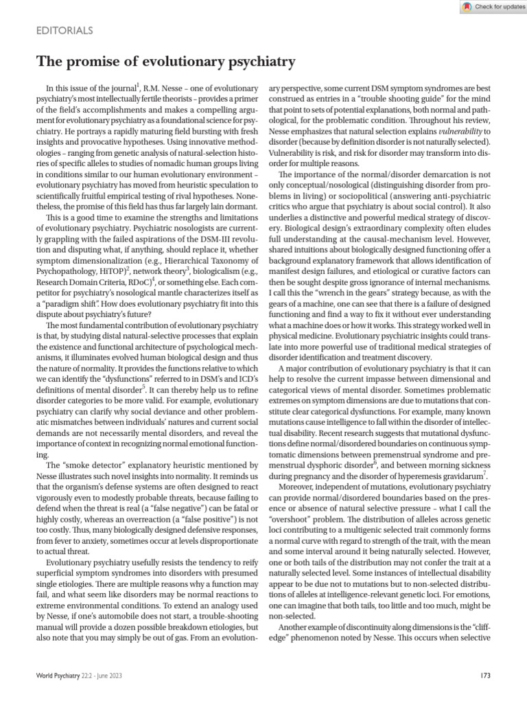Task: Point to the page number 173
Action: point(485,676)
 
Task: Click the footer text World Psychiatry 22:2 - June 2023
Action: point(81,676)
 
